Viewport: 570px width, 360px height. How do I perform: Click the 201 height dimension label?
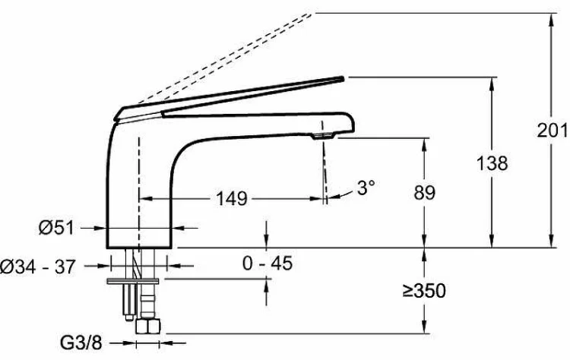pos(553,131)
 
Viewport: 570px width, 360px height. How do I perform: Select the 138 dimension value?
pos(492,163)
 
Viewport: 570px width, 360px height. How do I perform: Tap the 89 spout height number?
pos(424,193)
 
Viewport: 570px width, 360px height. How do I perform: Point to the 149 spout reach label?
pos(232,199)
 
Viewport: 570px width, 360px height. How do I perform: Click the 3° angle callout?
pos(366,188)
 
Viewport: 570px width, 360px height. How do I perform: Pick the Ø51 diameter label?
pos(56,228)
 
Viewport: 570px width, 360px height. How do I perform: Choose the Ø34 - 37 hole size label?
pos(37,267)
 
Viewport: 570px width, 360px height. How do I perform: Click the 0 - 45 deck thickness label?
pos(268,263)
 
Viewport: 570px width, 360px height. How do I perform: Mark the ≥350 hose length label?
pos(424,291)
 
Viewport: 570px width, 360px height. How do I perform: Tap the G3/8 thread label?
pos(81,343)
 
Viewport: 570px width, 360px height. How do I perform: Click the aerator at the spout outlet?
pos(323,136)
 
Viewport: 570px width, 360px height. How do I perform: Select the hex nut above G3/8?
pos(147,326)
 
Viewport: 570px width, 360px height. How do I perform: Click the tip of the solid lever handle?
pos(343,77)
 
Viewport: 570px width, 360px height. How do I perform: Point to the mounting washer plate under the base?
pos(133,282)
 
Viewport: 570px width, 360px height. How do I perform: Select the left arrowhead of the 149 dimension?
pos(145,199)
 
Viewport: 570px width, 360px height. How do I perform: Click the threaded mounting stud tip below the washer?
pos(128,317)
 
